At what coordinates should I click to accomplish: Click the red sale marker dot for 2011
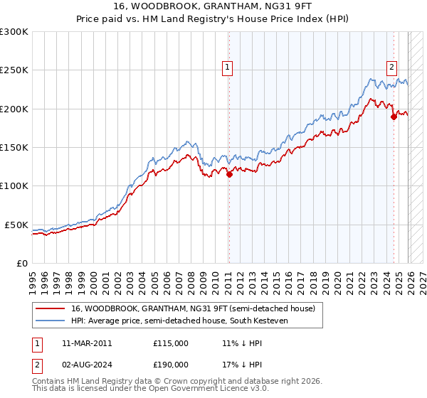(x=229, y=174)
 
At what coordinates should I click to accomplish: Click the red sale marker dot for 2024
(x=394, y=117)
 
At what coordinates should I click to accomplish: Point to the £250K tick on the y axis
(x=14, y=70)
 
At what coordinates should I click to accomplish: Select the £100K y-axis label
(x=14, y=185)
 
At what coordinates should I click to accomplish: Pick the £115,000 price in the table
(x=171, y=343)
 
